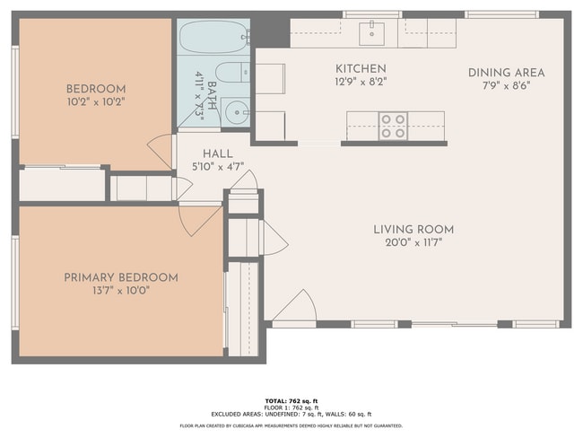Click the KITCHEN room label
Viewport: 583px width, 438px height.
coord(361,69)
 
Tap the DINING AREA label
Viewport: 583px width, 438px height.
coord(506,73)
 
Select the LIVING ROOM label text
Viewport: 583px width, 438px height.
coord(413,230)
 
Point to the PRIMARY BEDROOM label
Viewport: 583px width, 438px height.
coord(120,278)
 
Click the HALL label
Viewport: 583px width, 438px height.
coord(217,153)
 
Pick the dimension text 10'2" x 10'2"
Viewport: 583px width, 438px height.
coord(96,101)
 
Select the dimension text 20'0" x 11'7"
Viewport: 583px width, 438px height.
coord(413,241)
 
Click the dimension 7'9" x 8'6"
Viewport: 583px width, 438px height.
coord(506,85)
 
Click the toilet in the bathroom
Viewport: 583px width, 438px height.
coord(233,73)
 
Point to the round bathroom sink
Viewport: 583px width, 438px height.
coord(236,112)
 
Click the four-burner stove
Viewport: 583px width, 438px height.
coord(393,126)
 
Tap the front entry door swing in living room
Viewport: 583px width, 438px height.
coord(293,309)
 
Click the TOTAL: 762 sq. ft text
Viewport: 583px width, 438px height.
coord(291,399)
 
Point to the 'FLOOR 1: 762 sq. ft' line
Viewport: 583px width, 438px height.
coord(291,407)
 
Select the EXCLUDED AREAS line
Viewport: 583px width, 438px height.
coord(291,414)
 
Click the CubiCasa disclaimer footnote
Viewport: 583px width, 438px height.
coord(291,425)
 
